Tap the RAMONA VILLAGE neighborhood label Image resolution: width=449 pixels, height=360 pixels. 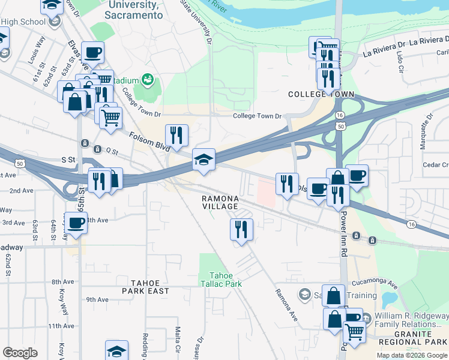pyautogui.click(x=220, y=202)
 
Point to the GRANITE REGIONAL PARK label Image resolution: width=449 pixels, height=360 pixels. pyautogui.click(x=413, y=338)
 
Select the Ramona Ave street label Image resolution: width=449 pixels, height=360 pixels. pyautogui.click(x=286, y=304)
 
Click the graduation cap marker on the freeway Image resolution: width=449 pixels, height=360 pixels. pyautogui.click(x=203, y=160)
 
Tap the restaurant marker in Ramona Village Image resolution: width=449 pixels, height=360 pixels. pyautogui.click(x=241, y=230)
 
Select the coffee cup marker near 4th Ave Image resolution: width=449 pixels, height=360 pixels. pyautogui.click(x=76, y=224)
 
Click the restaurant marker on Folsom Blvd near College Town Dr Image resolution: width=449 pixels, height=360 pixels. pyautogui.click(x=176, y=136)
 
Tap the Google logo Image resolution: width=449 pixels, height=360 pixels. pyautogui.click(x=20, y=353)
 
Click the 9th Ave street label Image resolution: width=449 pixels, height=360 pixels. pyautogui.click(x=97, y=299)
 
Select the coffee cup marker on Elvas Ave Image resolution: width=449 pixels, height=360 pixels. pyautogui.click(x=92, y=53)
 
